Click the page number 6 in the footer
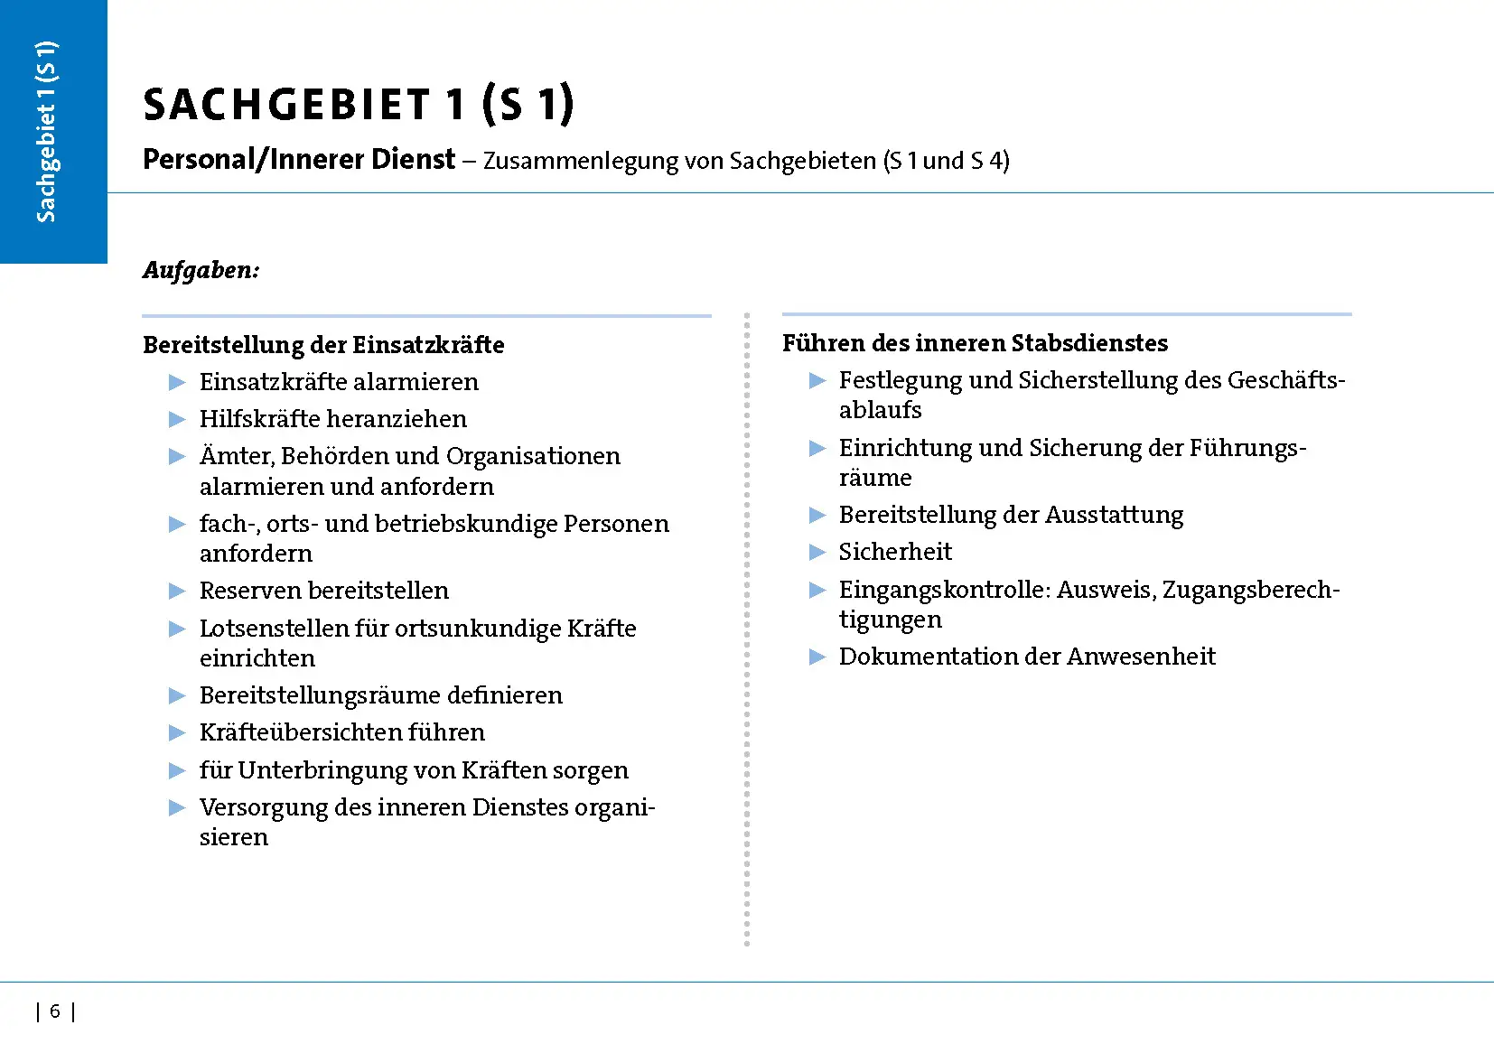[x=55, y=1011]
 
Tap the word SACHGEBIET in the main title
[x=286, y=105]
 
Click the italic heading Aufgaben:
[x=201, y=270]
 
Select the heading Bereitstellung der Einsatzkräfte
[x=323, y=345]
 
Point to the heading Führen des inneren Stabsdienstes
[x=975, y=343]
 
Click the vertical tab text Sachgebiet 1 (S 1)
[x=46, y=132]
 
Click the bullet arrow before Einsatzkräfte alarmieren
[x=177, y=383]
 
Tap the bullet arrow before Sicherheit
[x=817, y=553]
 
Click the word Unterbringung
[x=322, y=770]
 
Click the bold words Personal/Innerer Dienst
[x=299, y=160]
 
